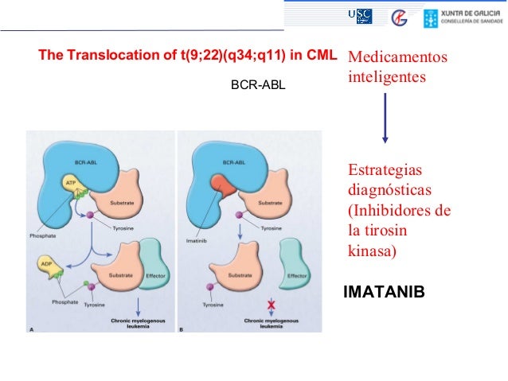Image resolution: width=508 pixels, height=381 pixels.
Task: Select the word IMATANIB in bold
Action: (384, 294)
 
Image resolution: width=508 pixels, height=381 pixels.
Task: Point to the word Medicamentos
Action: (398, 58)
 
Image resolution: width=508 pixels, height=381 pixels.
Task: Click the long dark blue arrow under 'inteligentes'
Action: (385, 117)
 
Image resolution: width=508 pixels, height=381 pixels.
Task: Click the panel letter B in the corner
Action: (182, 329)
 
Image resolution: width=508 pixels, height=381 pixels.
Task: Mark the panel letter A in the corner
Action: (31, 329)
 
